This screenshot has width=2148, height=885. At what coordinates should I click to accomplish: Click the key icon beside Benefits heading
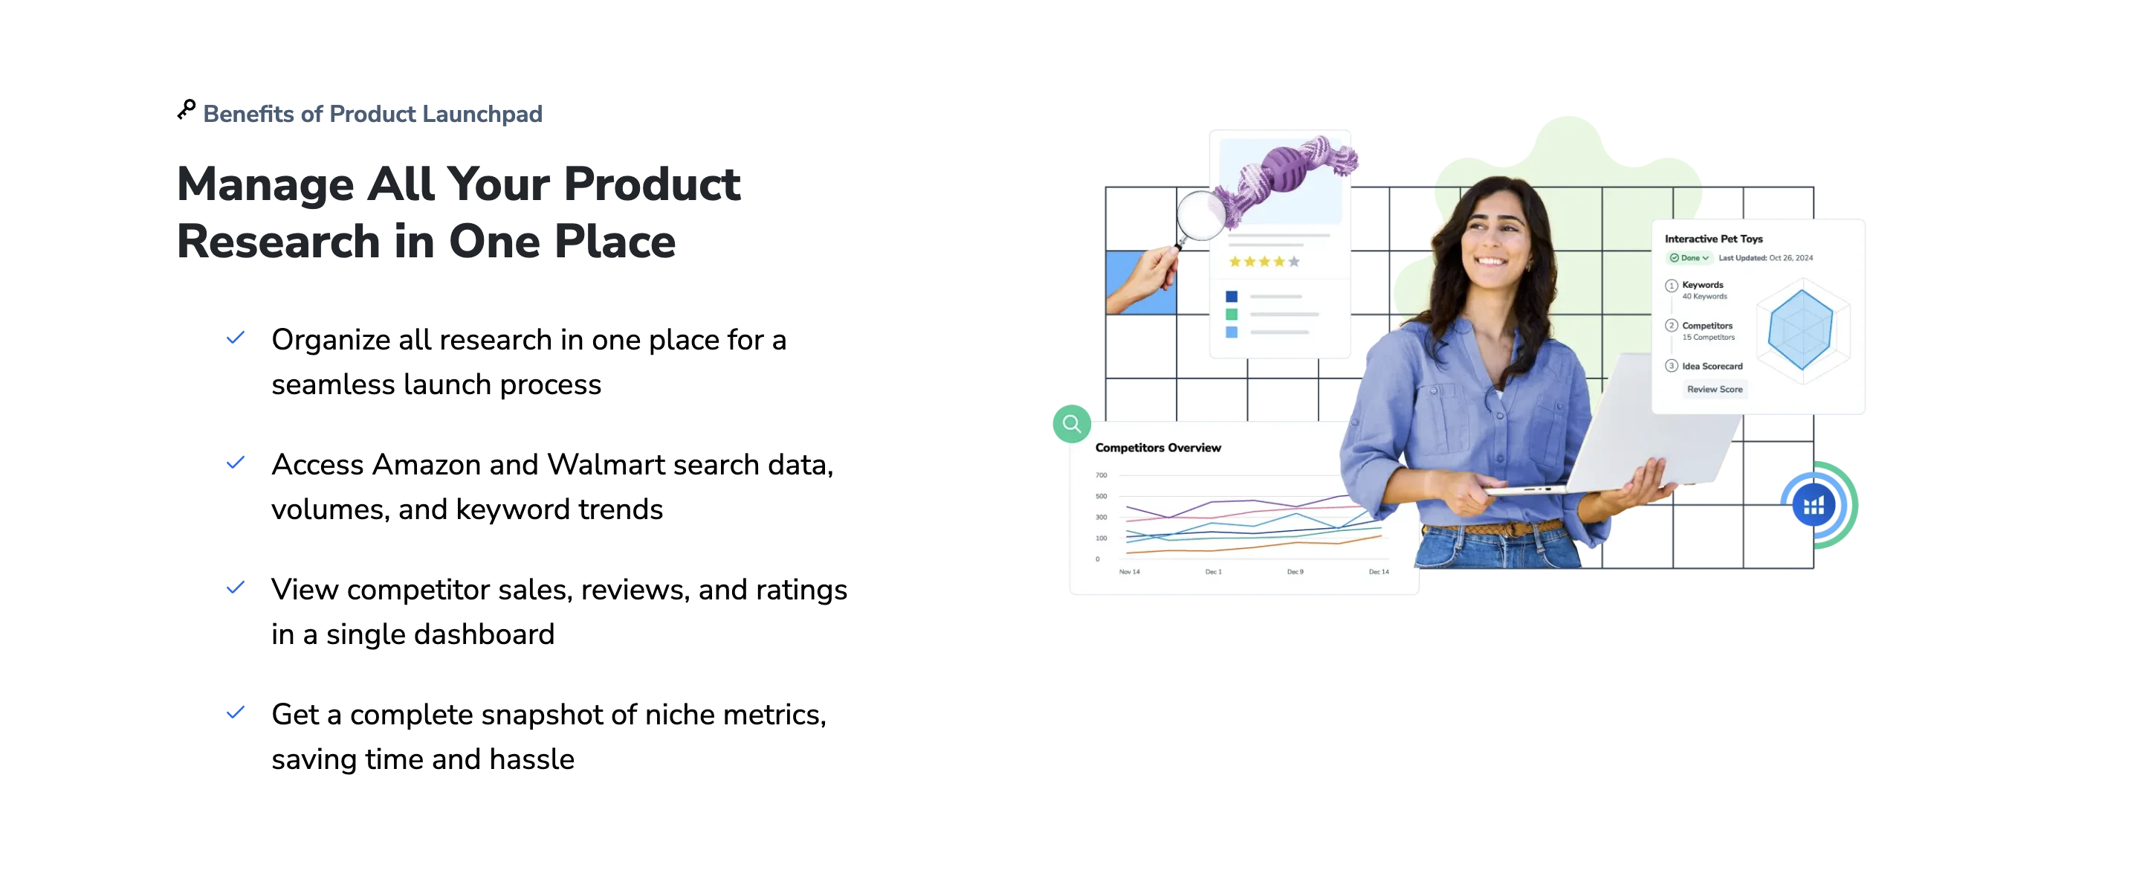pyautogui.click(x=186, y=110)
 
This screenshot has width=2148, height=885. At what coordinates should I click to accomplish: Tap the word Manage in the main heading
pyautogui.click(x=266, y=184)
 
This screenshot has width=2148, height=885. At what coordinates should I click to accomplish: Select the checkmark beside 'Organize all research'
pyautogui.click(x=236, y=338)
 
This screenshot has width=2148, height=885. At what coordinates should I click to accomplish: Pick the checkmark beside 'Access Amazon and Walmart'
pyautogui.click(x=236, y=463)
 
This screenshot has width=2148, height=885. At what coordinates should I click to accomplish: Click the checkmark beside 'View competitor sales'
pyautogui.click(x=236, y=588)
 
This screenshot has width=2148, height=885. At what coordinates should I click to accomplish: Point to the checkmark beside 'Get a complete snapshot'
pyautogui.click(x=236, y=713)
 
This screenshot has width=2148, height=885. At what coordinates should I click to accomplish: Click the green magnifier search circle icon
pyautogui.click(x=1072, y=424)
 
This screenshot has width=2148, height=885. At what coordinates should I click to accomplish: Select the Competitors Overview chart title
pyautogui.click(x=1157, y=448)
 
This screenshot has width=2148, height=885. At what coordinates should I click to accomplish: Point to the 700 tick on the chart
pyautogui.click(x=1102, y=475)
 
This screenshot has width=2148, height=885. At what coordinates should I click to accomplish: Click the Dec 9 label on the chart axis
pyautogui.click(x=1295, y=572)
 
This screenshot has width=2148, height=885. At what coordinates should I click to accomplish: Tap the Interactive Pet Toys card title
pyautogui.click(x=1713, y=239)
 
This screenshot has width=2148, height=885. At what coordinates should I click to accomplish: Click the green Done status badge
pyautogui.click(x=1689, y=258)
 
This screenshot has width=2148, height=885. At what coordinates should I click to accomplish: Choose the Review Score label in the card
pyautogui.click(x=1715, y=390)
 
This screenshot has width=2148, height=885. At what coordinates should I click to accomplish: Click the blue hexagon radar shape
pyautogui.click(x=1800, y=329)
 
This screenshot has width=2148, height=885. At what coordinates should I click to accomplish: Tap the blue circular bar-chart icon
pyautogui.click(x=1813, y=506)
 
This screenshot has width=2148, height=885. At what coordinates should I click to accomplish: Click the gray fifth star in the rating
pyautogui.click(x=1293, y=262)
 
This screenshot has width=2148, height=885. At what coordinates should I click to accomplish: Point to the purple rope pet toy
pyautogui.click(x=1284, y=177)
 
